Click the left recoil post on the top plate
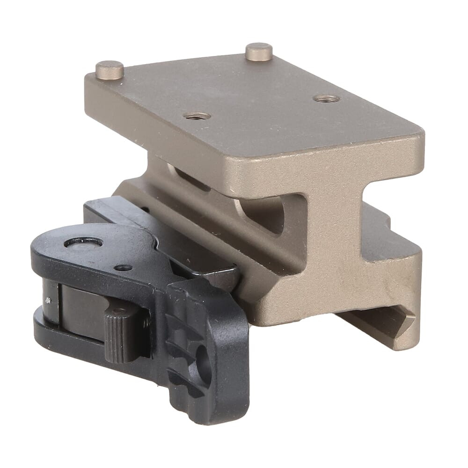point(110,70)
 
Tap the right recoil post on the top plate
point(259,51)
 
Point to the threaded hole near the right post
point(326,98)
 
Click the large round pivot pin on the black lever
point(83,242)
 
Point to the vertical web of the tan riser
point(328,243)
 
